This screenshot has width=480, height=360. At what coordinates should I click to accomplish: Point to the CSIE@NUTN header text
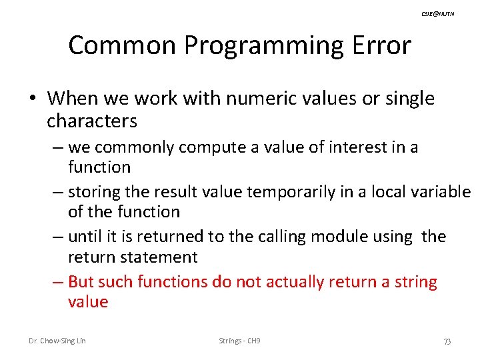[439, 14]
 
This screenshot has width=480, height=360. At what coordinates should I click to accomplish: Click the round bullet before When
[33, 99]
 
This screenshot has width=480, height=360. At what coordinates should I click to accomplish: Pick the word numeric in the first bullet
[257, 99]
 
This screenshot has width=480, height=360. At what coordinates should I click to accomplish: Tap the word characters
[92, 121]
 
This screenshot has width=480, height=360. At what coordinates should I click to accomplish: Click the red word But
[81, 282]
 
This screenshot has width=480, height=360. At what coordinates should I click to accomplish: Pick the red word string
[416, 282]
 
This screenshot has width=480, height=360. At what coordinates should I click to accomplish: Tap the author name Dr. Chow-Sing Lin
[57, 341]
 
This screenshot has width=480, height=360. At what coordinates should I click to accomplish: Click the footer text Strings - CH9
[239, 341]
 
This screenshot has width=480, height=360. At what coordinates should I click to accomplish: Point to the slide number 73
[447, 341]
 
